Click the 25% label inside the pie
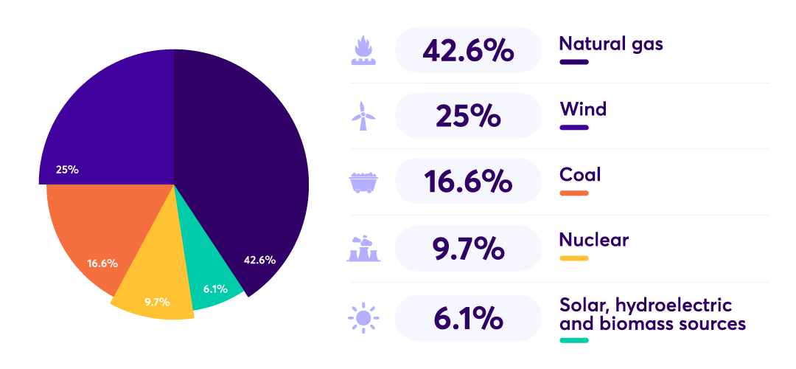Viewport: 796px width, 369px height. coord(67,170)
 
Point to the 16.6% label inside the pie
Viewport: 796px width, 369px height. coord(102,263)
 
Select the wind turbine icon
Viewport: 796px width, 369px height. coord(362,117)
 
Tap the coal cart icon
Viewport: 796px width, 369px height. coord(363,182)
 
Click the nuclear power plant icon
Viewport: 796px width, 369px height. coord(363,249)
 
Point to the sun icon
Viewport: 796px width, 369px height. coord(363,318)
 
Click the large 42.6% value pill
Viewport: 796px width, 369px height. coord(467,50)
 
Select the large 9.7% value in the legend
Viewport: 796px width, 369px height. coord(467,249)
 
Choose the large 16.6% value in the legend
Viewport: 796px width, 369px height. coord(467,182)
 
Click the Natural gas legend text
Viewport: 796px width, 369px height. coord(611,44)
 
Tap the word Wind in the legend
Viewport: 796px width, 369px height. coord(583,110)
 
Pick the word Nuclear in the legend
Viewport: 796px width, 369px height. coord(594,240)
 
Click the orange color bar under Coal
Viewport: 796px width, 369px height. coord(574,193)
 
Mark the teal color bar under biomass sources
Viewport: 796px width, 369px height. coord(574,340)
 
